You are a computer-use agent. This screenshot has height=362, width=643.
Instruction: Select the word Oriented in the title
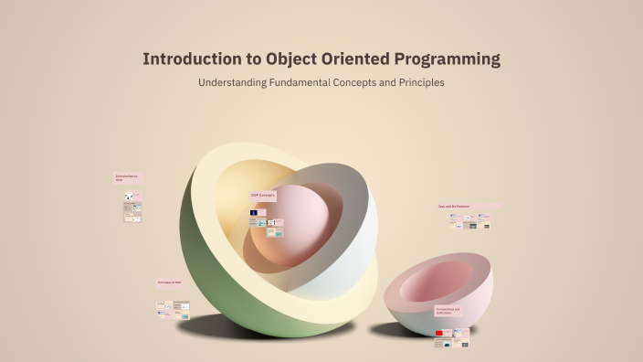tap(353, 59)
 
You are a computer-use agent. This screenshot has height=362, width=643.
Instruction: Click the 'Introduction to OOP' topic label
tap(128, 178)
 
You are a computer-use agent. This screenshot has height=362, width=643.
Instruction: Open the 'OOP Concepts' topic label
tap(263, 196)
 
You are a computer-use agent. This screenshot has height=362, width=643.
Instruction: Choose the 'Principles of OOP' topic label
tap(170, 283)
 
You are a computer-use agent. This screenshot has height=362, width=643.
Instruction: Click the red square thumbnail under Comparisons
tap(439, 333)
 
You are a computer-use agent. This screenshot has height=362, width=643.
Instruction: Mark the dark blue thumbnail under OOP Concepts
tap(253, 213)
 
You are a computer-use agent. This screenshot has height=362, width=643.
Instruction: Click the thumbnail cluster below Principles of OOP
tap(173, 309)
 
